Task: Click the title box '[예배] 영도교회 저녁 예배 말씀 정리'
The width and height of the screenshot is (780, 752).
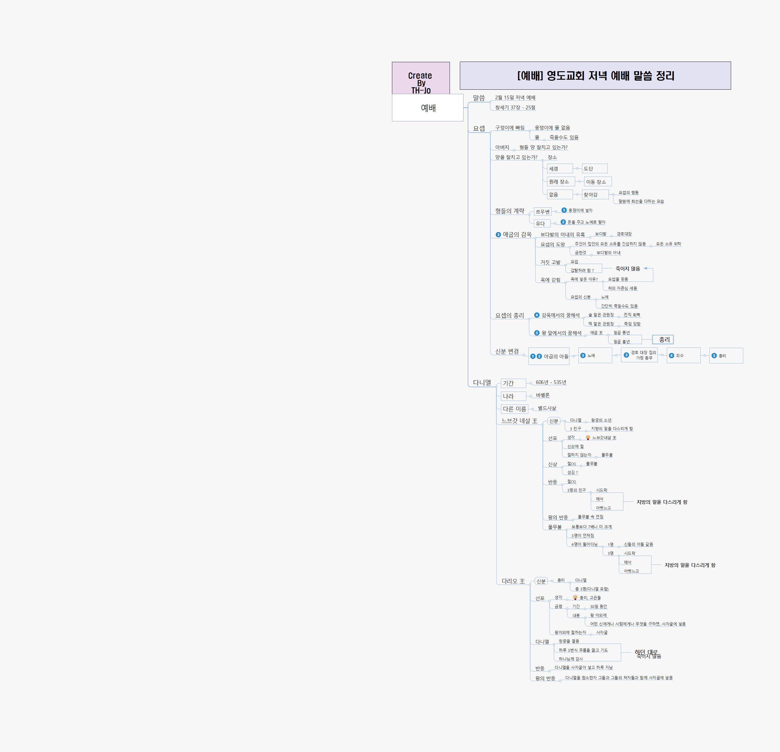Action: tap(595, 76)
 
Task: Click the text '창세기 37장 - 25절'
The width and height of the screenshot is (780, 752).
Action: tap(515, 107)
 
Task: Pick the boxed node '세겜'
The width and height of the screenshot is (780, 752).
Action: tap(559, 169)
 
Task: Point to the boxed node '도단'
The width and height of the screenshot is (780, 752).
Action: tap(594, 169)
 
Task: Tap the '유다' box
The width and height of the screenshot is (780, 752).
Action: tap(542, 224)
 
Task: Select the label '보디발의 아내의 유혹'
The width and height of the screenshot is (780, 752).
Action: tap(562, 235)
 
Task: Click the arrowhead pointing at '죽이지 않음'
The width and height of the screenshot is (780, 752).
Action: tap(645, 268)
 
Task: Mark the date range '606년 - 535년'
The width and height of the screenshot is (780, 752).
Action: tap(551, 382)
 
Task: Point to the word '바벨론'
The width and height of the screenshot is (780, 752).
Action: tap(543, 395)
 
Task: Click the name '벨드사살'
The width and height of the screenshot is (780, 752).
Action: tap(547, 408)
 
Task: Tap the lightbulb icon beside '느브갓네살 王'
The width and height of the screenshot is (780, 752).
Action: tap(588, 437)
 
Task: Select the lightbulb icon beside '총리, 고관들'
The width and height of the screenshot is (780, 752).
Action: tap(575, 597)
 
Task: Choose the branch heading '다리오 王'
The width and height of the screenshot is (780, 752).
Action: tap(513, 581)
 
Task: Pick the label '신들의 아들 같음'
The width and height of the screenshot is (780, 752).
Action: tap(638, 544)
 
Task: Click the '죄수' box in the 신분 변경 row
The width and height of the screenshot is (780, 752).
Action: tap(683, 356)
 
